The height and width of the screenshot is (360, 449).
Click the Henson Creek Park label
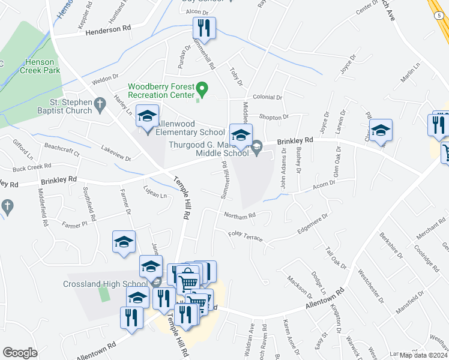pos(42,66)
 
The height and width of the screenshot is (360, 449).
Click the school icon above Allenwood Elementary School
pos(146,116)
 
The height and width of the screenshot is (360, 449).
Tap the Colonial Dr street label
pos(267,97)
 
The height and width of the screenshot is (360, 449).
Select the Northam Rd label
pos(240,215)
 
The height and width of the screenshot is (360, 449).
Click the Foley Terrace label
pos(245,236)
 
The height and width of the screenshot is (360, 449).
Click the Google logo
pos(20,352)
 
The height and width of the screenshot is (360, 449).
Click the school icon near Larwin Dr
pos(381,130)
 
